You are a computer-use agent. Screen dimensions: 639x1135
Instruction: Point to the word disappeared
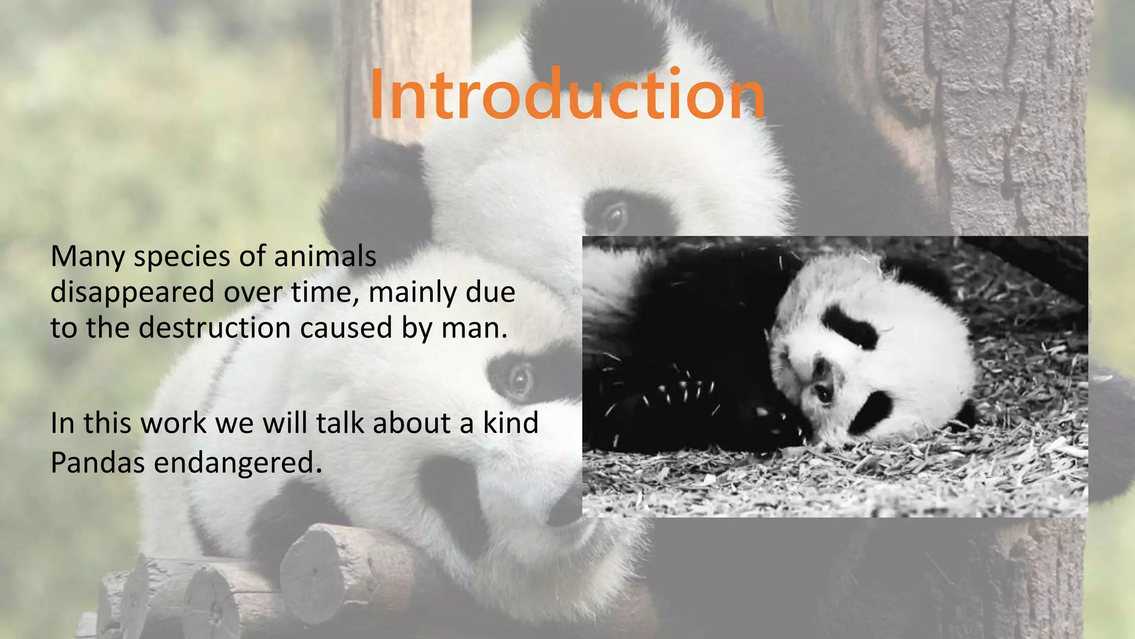[132, 293]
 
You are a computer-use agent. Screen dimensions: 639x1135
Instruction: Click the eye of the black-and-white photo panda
[824, 394]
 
